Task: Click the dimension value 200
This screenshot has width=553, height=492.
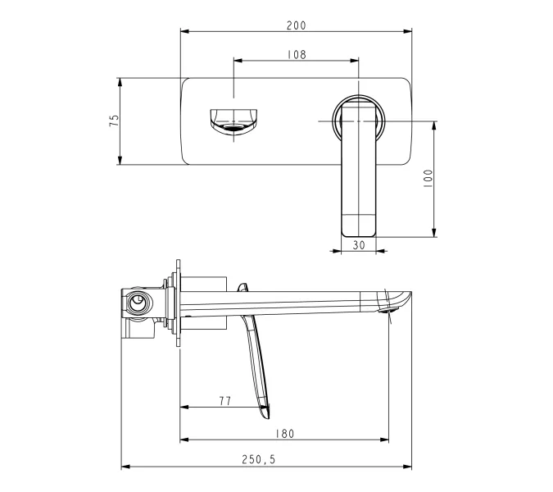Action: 296,25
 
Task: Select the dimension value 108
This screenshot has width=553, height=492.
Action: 296,54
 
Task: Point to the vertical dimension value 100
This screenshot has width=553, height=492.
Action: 428,179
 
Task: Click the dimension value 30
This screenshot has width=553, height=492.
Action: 358,244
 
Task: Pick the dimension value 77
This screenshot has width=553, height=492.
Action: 224,400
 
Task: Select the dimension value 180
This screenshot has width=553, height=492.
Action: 284,433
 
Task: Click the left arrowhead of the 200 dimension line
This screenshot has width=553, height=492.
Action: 184,32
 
